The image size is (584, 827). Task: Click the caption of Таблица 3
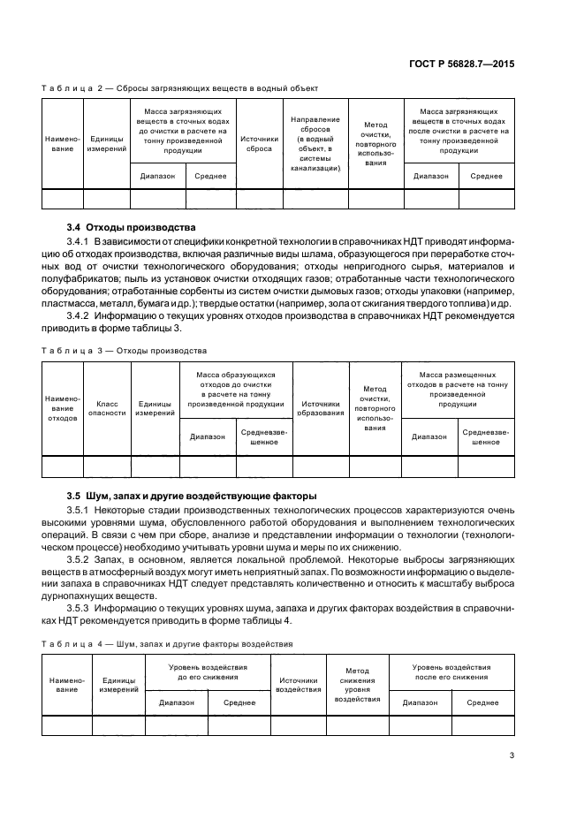(x=124, y=351)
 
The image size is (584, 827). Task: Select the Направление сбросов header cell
(x=315, y=144)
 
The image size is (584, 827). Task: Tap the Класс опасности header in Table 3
(x=108, y=407)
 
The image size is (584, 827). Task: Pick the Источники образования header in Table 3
(x=321, y=407)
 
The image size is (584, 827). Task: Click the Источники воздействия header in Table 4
(x=298, y=685)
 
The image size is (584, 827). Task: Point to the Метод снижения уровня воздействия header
(x=357, y=685)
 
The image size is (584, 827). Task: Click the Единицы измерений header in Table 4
(x=118, y=685)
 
